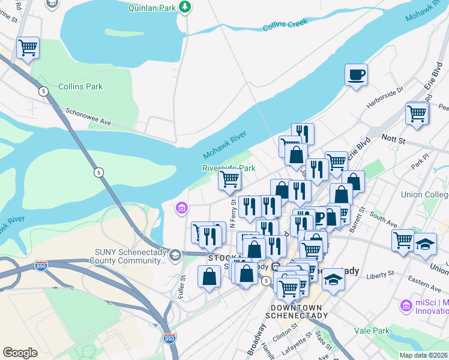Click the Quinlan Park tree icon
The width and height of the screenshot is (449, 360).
(187, 8)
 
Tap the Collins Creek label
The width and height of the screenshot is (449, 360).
(285, 25)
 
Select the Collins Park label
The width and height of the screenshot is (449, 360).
(80, 86)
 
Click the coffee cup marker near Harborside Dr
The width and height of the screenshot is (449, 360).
(356, 75)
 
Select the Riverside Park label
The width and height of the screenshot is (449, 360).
(229, 168)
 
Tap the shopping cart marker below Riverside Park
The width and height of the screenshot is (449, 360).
(230, 179)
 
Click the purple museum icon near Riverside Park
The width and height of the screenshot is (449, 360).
(181, 208)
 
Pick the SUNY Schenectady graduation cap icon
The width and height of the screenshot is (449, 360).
(175, 255)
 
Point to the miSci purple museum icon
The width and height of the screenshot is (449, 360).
(406, 306)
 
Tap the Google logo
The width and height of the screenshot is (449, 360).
(20, 352)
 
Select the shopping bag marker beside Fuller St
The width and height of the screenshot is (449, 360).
(209, 277)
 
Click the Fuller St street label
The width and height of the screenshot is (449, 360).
(182, 286)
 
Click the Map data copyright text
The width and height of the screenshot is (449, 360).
(423, 355)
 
